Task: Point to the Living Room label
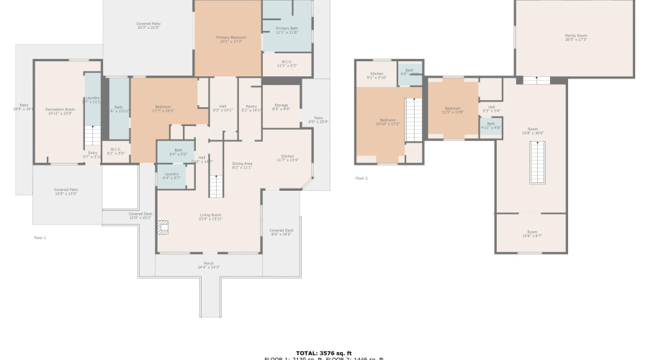pos(211,216)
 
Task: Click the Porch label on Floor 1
pos(208,266)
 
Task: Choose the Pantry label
pos(251,108)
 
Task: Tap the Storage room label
pos(281,107)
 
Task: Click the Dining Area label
pos(242,165)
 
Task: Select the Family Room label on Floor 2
pos(575,37)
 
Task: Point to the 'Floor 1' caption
pos(40,237)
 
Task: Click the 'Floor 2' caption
pos(361,178)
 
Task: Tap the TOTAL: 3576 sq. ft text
pos(323,353)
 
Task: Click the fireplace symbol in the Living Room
pos(163,228)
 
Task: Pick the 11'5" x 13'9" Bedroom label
pos(452,110)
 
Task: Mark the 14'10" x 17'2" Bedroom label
pos(387,122)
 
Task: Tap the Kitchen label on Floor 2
pos(377,76)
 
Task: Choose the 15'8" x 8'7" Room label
pos(532,234)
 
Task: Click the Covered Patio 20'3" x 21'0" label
pos(148,26)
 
